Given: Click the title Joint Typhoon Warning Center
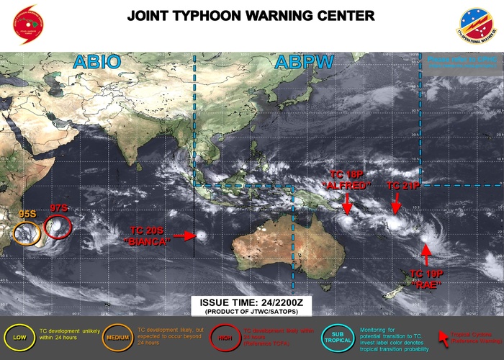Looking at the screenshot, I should click(x=251, y=15).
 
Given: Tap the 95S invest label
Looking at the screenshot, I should click(x=28, y=214).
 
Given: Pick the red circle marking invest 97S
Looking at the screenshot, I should click(x=58, y=227).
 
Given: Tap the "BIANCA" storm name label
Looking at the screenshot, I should click(x=147, y=242).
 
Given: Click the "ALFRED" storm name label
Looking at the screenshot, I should click(x=346, y=185).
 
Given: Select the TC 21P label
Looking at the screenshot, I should click(x=402, y=185).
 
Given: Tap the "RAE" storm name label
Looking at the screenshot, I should click(x=425, y=284).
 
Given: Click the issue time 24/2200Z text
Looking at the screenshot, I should click(x=251, y=302).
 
